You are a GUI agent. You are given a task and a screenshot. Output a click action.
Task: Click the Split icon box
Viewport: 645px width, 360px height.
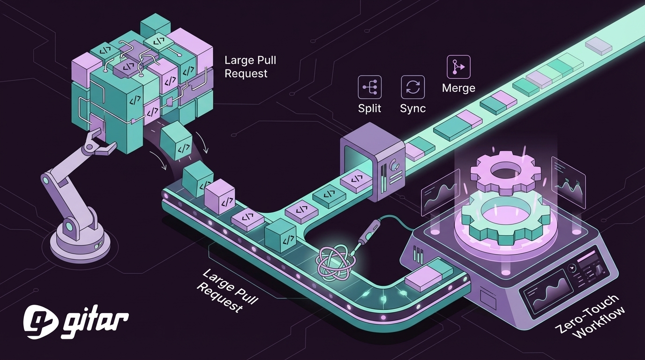click(370, 87)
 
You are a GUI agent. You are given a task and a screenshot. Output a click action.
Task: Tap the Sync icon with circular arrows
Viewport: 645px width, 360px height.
click(413, 87)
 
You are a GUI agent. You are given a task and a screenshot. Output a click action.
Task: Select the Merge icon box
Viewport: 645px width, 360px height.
click(458, 67)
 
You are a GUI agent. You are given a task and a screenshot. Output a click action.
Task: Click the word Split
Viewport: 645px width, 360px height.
click(370, 108)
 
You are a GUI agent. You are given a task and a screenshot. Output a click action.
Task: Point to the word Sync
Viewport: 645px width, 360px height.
click(413, 108)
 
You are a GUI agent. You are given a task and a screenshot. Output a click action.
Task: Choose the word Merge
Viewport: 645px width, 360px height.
click(458, 88)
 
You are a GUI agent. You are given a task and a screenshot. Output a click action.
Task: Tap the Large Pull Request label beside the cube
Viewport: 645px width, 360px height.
click(250, 67)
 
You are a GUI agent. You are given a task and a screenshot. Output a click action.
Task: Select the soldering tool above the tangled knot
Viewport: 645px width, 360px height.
click(370, 234)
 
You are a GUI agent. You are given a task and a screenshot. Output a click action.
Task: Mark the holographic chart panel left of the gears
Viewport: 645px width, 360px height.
click(440, 192)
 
